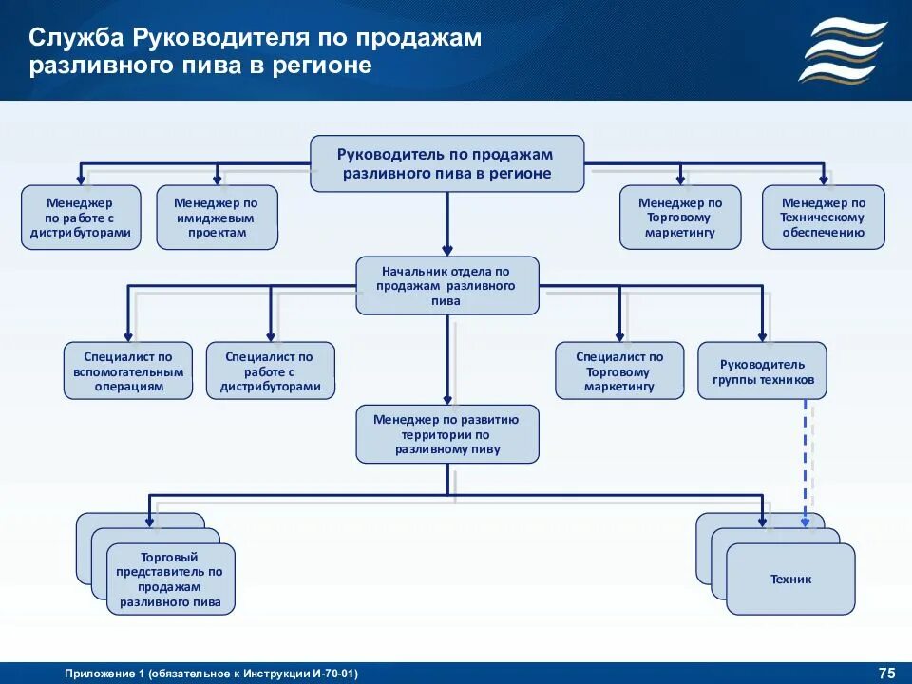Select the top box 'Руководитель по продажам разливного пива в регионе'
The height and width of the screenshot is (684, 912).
point(446,163)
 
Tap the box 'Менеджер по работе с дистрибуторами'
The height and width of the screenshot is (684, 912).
point(81,218)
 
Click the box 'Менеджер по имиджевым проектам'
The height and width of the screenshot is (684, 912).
point(217,218)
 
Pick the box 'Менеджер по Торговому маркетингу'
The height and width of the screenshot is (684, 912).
point(680,218)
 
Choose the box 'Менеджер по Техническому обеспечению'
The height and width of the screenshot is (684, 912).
point(823,218)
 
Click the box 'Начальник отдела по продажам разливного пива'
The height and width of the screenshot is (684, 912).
point(446,285)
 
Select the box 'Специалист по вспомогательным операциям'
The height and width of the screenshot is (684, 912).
point(128,370)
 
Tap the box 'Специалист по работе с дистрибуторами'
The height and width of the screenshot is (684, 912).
point(271,370)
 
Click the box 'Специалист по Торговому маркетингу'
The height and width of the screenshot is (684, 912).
point(619,370)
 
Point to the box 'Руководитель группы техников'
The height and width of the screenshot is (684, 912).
point(762,370)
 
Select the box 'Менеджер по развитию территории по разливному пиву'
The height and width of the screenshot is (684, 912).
point(446,434)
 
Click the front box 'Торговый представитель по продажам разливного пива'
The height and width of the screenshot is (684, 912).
point(170,579)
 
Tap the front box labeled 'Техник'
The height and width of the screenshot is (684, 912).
point(790,579)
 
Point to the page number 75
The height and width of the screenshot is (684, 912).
point(886,674)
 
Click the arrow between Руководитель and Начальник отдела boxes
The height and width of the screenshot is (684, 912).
point(446,224)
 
